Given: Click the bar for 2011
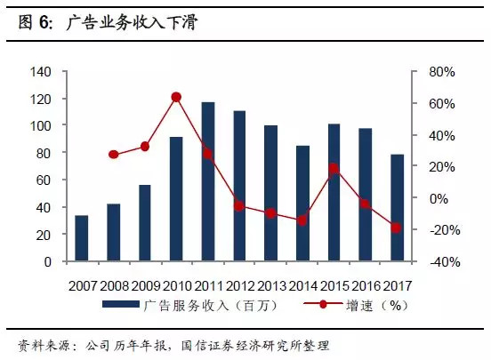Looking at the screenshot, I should pyautogui.click(x=207, y=182).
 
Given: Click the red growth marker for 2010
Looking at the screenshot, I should pyautogui.click(x=176, y=97).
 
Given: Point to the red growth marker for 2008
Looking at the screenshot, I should pyautogui.click(x=113, y=155).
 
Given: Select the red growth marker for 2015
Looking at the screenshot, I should pyautogui.click(x=334, y=168).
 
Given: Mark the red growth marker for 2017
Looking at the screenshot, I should pyautogui.click(x=397, y=228).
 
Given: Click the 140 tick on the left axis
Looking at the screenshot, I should pyautogui.click(x=42, y=71).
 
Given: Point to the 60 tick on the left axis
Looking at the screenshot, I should pyautogui.click(x=45, y=180).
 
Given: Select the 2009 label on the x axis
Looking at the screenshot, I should pyautogui.click(x=144, y=285).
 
